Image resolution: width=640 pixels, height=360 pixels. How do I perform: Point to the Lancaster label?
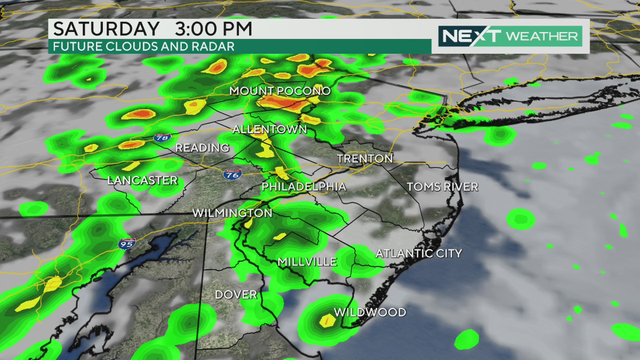pos(143,180)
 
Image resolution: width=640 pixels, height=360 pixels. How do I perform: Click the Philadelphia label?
pos(304,187)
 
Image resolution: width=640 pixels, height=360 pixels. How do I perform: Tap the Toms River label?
pos(442,187)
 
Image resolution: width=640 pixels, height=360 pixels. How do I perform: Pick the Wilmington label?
pos(232,213)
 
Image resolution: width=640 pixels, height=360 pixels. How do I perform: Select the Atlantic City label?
pos(419,254)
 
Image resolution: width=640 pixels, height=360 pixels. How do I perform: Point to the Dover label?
pos(237,295)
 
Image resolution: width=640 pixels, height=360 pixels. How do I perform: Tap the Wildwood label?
pos(370,313)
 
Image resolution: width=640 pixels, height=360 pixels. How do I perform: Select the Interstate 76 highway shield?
pos(231,174)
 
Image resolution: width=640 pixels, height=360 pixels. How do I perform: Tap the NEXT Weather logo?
pos(510,36)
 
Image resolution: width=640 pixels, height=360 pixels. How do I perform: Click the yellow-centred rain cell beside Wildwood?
pos(327,321)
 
